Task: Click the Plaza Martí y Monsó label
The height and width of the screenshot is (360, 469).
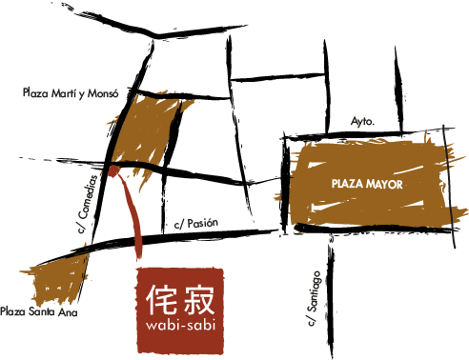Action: click(x=71, y=93)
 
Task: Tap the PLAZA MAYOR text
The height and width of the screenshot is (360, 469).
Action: click(x=367, y=184)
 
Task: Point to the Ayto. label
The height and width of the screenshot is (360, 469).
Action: click(x=362, y=122)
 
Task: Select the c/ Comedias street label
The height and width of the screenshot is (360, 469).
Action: click(x=88, y=204)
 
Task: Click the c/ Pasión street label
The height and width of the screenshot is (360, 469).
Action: click(x=196, y=224)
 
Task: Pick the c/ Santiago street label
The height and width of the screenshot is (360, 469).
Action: click(x=314, y=298)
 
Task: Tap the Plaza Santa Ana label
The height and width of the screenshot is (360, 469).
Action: click(x=39, y=311)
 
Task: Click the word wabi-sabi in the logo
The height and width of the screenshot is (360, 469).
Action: click(x=180, y=325)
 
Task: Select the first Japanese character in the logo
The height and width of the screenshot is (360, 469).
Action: click(x=161, y=299)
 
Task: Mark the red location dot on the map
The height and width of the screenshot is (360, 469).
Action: click(x=113, y=170)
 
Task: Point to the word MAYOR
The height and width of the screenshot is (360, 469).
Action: click(x=384, y=184)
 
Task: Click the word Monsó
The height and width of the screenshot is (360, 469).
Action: click(x=103, y=93)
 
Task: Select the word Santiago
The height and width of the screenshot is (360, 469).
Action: click(x=314, y=290)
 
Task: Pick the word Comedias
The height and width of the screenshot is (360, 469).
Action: click(x=89, y=197)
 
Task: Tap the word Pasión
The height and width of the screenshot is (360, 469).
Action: click(x=203, y=223)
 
